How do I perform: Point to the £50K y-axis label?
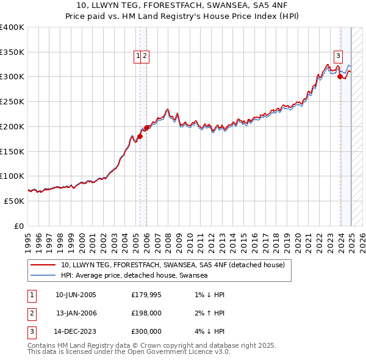[x=13, y=201]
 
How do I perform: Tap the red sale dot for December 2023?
[x=340, y=76]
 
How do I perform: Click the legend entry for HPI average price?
[x=134, y=275]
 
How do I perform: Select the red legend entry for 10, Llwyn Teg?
[x=173, y=265]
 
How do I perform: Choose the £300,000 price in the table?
[x=146, y=332]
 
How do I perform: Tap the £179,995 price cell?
[x=146, y=295]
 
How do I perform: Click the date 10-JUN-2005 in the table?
[x=76, y=295]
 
